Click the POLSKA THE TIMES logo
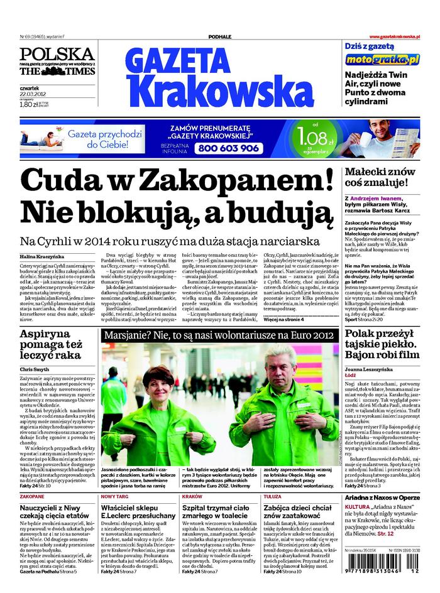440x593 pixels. coord(57,61)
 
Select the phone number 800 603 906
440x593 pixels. coord(227,148)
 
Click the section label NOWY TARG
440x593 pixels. coord(114,496)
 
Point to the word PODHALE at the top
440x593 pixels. coord(220,37)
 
